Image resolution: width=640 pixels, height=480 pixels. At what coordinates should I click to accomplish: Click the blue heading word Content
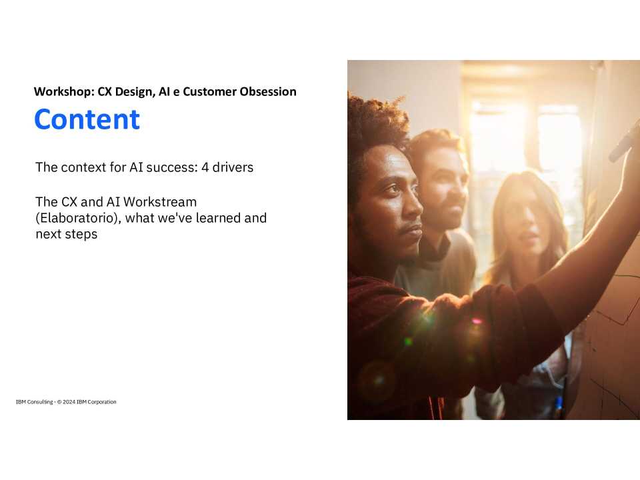tap(87, 119)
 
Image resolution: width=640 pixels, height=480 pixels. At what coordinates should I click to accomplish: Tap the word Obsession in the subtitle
tap(268, 91)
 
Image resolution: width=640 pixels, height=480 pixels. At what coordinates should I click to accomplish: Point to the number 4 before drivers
tap(205, 167)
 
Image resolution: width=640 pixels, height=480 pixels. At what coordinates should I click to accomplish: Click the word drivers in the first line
tap(233, 167)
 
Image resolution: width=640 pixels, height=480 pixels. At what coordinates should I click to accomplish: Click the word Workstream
tap(161, 201)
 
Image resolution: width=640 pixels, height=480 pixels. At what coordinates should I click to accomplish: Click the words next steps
tap(67, 235)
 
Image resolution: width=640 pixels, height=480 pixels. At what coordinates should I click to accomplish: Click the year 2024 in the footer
tap(69, 402)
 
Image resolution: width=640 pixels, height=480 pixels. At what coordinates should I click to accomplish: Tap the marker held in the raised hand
tap(624, 141)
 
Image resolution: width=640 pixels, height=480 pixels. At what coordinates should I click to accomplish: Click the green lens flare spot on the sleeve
tap(408, 341)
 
